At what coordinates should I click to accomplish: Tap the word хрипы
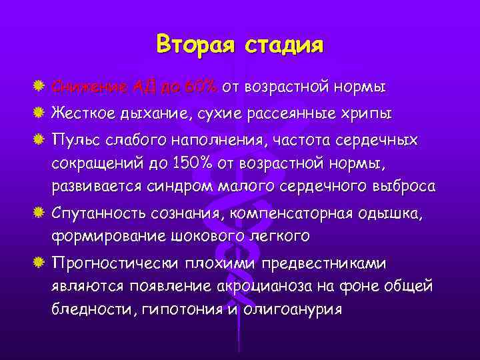[x=366, y=114]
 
